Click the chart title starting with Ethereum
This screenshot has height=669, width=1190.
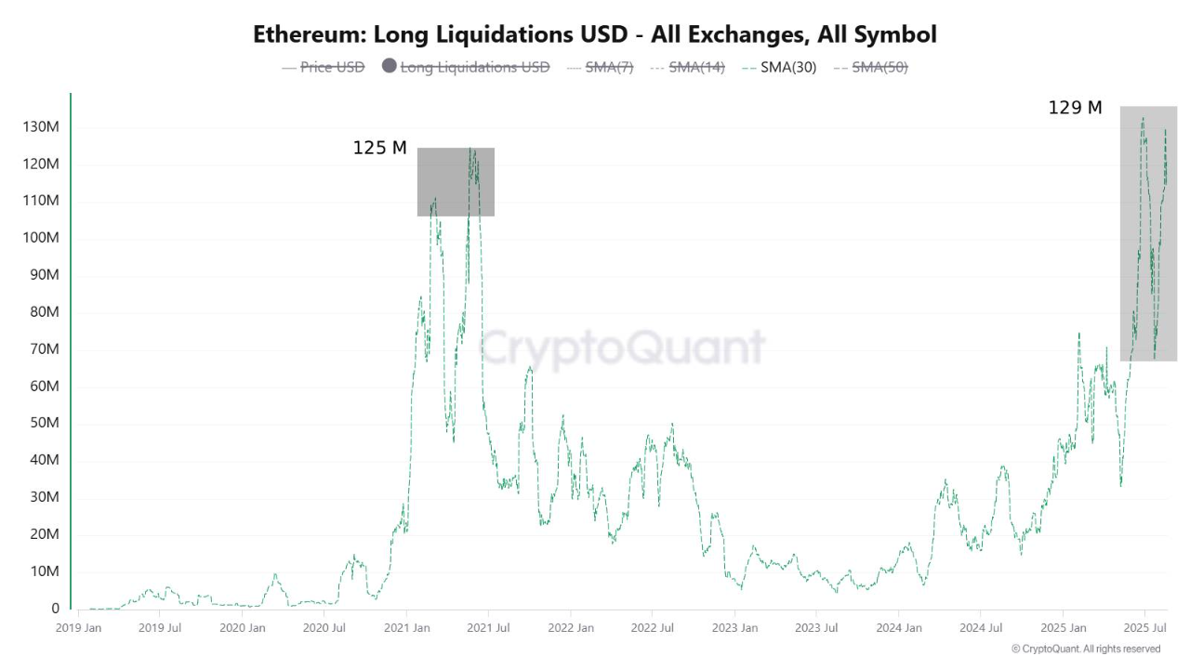[595, 34]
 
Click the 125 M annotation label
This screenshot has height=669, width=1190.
[379, 148]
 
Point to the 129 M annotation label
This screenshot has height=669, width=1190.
[1075, 108]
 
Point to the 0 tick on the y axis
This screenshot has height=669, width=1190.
[55, 609]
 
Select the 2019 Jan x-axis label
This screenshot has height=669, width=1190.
[78, 628]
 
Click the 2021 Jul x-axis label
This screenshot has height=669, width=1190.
[487, 628]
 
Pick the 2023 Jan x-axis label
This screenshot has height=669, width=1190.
[734, 628]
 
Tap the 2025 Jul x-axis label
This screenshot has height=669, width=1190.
[1144, 628]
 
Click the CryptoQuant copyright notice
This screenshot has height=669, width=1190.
[1085, 649]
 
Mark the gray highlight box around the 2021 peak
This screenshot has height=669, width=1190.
[456, 182]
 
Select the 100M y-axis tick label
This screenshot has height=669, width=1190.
[40, 238]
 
